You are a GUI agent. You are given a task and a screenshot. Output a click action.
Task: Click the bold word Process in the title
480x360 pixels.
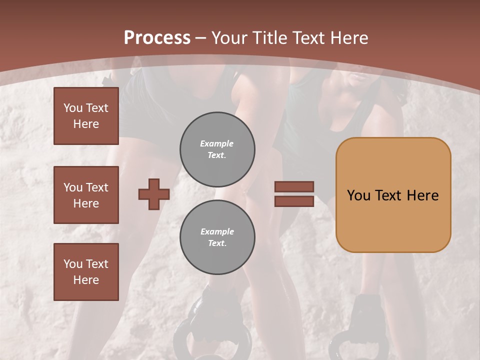pyautogui.click(x=157, y=38)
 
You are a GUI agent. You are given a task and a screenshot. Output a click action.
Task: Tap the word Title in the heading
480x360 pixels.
pyautogui.click(x=270, y=38)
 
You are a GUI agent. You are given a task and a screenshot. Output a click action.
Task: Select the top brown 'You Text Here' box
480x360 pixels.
pyautogui.click(x=86, y=116)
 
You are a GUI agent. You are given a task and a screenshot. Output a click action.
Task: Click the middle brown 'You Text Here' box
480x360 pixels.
pyautogui.click(x=86, y=195)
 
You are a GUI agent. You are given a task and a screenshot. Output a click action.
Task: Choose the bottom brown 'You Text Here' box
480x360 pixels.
pyautogui.click(x=86, y=272)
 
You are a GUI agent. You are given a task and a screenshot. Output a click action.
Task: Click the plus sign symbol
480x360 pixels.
pyautogui.click(x=154, y=194)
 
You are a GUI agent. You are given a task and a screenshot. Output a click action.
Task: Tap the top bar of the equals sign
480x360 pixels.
pyautogui.click(x=294, y=186)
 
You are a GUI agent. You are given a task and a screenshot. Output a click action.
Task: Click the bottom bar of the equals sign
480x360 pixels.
pyautogui.click(x=294, y=201)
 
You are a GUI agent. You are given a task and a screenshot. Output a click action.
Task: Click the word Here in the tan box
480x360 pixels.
pyautogui.click(x=422, y=195)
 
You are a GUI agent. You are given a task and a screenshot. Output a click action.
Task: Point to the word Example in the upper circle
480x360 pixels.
pyautogui.click(x=217, y=143)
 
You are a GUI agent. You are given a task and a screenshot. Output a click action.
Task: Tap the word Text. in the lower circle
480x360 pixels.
pyautogui.click(x=217, y=243)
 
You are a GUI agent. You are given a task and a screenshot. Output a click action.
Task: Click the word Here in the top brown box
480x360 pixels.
pyautogui.click(x=86, y=124)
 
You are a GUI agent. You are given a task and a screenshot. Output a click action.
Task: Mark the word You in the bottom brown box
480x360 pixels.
pyautogui.click(x=73, y=264)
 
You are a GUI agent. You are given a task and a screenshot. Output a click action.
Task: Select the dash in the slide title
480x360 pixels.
pyautogui.click(x=201, y=38)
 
